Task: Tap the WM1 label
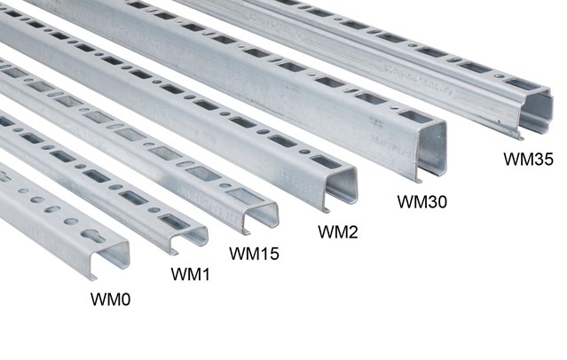point(190,275)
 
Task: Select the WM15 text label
point(254,254)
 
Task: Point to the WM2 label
point(337,232)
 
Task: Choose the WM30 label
point(421,201)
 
